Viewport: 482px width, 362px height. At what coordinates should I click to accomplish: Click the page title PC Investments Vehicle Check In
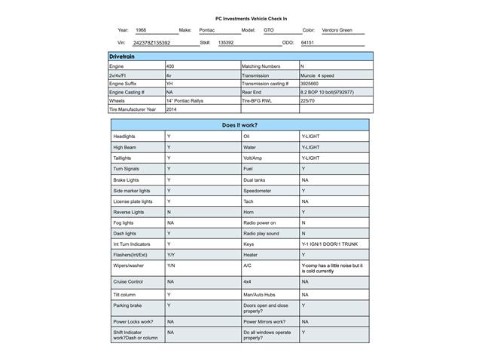[x=240, y=18]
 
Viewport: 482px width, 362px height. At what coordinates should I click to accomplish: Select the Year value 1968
[x=141, y=30]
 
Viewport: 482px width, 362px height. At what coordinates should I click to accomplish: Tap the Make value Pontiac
[x=206, y=30]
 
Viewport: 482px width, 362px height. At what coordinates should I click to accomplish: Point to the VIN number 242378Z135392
[x=151, y=43]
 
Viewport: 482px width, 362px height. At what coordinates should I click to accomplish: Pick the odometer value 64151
[x=307, y=43]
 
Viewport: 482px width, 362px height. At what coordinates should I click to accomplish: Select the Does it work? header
[x=240, y=124]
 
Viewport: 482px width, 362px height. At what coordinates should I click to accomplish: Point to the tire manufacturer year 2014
[x=172, y=109]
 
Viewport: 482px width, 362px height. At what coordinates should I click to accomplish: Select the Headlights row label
[x=124, y=136]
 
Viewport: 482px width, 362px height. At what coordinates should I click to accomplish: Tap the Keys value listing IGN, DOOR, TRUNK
[x=331, y=244]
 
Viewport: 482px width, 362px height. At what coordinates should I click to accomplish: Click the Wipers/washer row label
[x=128, y=265]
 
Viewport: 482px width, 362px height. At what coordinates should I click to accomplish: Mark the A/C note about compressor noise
[x=331, y=268]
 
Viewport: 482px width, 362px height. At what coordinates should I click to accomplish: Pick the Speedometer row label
[x=258, y=191]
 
